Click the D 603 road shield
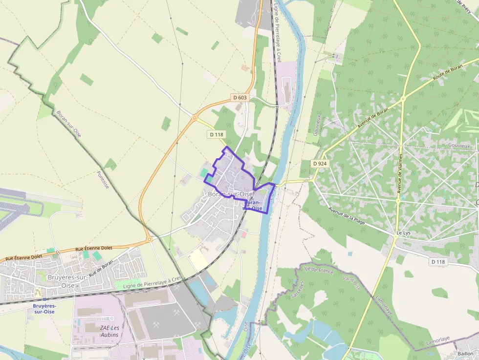coord(240,98)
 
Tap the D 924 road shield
coord(319,163)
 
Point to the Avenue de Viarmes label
coord(400,173)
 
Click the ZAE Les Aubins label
coord(109,331)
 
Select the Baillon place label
coord(465,353)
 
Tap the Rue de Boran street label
coord(101,269)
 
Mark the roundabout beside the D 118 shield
coord(195,118)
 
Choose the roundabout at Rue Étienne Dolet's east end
coord(149,240)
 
